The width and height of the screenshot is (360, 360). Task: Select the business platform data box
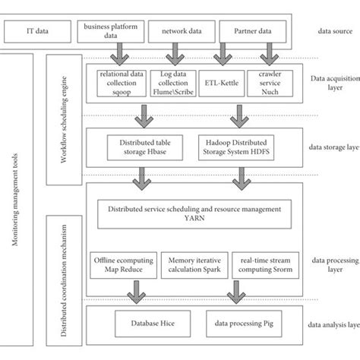[x=109, y=32]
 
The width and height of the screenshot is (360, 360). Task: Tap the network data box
[x=178, y=32]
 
